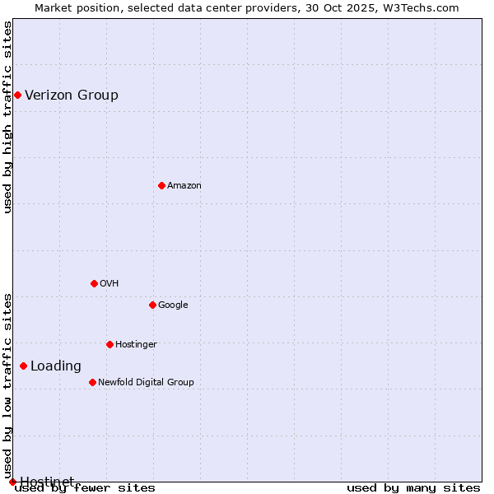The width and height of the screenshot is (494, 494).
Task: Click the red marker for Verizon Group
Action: pyautogui.click(x=17, y=95)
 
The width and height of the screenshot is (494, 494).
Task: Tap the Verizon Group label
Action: pyautogui.click(x=72, y=95)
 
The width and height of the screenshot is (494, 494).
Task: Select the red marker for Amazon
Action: pyautogui.click(x=161, y=185)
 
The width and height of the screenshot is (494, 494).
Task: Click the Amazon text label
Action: pyautogui.click(x=184, y=185)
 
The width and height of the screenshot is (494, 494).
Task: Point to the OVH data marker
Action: pyautogui.click(x=94, y=283)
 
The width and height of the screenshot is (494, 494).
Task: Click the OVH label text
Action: pyautogui.click(x=110, y=283)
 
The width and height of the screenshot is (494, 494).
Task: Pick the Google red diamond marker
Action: pyautogui.click(x=152, y=305)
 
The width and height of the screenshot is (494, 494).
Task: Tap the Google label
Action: pyautogui.click(x=173, y=305)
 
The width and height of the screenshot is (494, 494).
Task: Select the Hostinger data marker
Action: pyautogui.click(x=110, y=344)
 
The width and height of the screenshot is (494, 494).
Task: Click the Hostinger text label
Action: pyautogui.click(x=136, y=344)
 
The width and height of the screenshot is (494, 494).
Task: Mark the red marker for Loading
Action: pyautogui.click(x=23, y=366)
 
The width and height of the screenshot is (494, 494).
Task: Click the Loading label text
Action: pyautogui.click(x=56, y=366)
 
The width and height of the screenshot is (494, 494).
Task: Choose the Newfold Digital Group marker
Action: pyautogui.click(x=92, y=382)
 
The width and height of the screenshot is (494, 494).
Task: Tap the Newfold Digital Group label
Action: pyautogui.click(x=146, y=382)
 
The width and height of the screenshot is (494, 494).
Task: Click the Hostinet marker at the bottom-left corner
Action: pyautogui.click(x=12, y=482)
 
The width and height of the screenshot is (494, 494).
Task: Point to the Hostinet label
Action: pyautogui.click(x=47, y=481)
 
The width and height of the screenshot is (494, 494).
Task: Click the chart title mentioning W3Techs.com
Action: pyautogui.click(x=247, y=7)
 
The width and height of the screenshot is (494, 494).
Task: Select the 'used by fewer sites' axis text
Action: pyautogui.click(x=85, y=488)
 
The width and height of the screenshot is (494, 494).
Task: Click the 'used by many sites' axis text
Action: pyautogui.click(x=413, y=488)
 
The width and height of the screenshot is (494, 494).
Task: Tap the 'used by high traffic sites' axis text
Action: pyautogui.click(x=7, y=117)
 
